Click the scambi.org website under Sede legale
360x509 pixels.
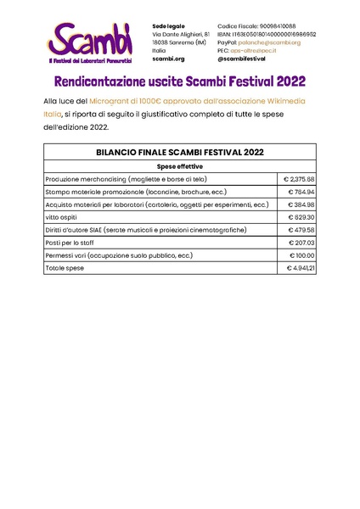point(168,59)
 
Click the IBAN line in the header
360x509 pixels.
point(267,34)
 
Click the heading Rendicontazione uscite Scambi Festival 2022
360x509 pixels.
point(180,83)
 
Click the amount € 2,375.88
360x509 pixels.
point(299,180)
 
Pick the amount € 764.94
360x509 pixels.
point(301,193)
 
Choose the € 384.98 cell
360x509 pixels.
point(301,205)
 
